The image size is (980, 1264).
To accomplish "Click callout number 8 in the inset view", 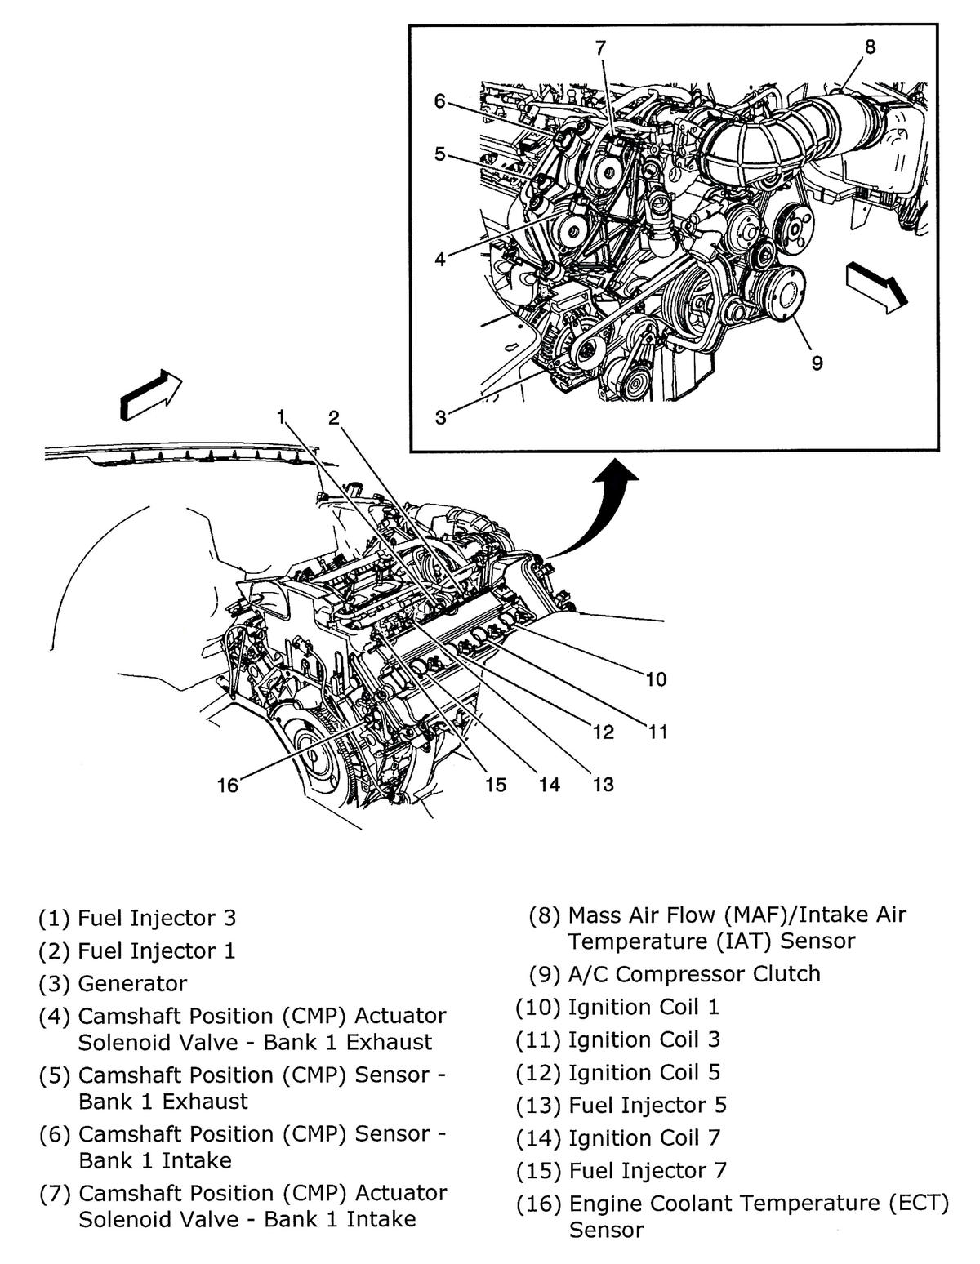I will coord(870,47).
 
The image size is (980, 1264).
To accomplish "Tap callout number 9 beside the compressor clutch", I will coord(817,363).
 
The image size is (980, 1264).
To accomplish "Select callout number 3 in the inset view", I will coord(441,418).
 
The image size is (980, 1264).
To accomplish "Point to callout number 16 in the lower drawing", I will coord(227,786).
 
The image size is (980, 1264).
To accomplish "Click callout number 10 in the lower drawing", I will coord(656,679).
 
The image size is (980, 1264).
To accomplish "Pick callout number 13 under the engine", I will coord(603,785).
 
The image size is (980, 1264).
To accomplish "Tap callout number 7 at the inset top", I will coord(600,47).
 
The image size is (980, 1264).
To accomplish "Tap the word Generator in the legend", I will coord(132,983).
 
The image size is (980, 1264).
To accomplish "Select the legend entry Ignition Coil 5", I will coord(644,1072).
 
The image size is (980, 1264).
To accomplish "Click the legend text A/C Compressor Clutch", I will coord(694,973).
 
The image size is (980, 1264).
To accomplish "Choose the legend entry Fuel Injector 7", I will coord(648,1170).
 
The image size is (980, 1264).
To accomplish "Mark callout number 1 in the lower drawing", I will coord(280,417).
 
